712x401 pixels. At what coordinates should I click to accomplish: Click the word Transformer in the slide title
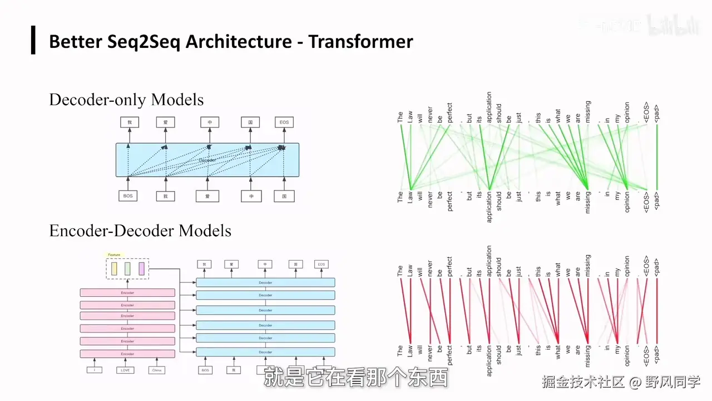[x=361, y=42]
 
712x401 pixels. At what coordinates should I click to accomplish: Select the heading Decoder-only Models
[x=126, y=100]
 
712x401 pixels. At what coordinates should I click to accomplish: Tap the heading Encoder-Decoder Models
[x=140, y=231]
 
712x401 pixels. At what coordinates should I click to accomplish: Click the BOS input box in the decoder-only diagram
[x=128, y=196]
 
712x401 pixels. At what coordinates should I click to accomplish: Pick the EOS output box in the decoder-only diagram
[x=284, y=123]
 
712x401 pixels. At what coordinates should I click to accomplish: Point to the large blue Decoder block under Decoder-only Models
[x=207, y=160]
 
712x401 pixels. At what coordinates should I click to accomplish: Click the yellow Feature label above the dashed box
[x=114, y=254]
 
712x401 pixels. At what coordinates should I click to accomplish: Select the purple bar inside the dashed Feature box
[x=141, y=269]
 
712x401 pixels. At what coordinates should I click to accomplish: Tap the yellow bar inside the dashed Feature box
[x=114, y=269]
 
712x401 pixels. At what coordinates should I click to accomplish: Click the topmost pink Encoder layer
[x=127, y=292]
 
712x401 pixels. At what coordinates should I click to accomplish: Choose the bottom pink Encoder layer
[x=127, y=354]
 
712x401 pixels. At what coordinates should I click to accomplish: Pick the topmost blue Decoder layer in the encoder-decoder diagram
[x=265, y=282]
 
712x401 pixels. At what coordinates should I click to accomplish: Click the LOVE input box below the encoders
[x=125, y=370]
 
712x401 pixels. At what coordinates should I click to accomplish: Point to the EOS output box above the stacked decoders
[x=321, y=265]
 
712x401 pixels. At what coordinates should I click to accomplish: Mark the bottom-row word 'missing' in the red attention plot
[x=588, y=360]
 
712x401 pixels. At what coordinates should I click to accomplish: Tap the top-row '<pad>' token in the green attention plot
[x=657, y=114]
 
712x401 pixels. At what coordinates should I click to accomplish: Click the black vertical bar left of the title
[x=33, y=40]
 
